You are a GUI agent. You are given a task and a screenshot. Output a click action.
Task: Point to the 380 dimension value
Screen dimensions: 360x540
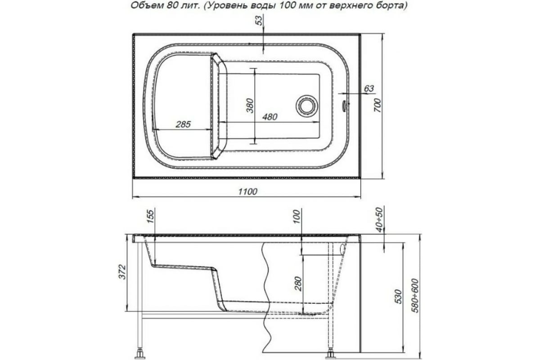tap(251, 105)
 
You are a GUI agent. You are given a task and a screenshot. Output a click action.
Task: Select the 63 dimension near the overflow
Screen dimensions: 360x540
tap(369, 89)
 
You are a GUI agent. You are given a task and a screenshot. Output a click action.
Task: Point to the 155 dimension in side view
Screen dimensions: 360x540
tap(150, 218)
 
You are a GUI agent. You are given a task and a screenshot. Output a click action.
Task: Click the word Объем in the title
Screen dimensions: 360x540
tap(144, 6)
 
